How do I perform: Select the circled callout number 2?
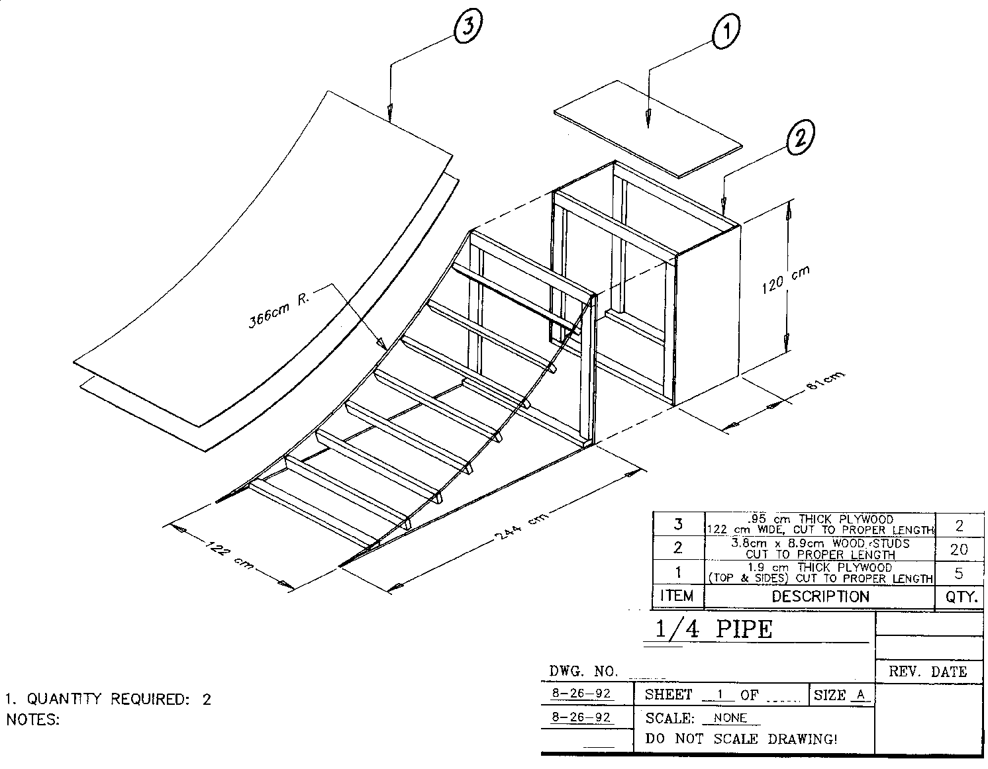(800, 138)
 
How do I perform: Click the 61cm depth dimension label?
(826, 384)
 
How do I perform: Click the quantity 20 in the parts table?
(958, 549)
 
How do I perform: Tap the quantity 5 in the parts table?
(958, 573)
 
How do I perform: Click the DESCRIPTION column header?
(820, 597)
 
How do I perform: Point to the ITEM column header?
(677, 596)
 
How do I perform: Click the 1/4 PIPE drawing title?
(714, 629)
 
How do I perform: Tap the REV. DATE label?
(927, 672)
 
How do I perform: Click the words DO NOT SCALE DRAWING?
(741, 739)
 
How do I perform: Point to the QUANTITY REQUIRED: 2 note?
(109, 699)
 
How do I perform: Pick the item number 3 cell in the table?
(678, 524)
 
